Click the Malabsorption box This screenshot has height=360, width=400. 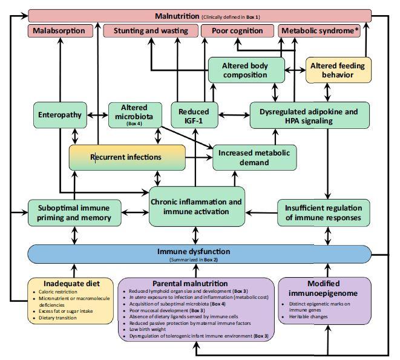coord(60,31)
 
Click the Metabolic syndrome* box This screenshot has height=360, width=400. coord(324,31)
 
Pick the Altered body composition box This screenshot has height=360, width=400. coord(246,70)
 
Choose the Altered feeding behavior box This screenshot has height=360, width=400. coord(338,70)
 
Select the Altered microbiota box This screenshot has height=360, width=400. coord(134,115)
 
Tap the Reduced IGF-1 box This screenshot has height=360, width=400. coord(194,115)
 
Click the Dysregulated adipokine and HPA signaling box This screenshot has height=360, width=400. coord(309,115)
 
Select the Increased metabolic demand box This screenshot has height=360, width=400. coord(254,157)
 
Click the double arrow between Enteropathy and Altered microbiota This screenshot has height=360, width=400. coord(98,115)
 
